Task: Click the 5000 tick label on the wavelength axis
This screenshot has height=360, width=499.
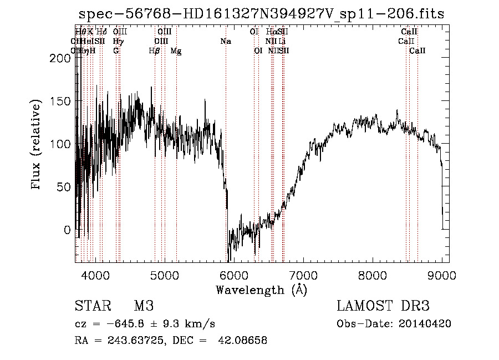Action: pos(164,275)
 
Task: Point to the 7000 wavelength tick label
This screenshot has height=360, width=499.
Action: pos(303,275)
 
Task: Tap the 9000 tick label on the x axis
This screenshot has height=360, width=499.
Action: pos(442,275)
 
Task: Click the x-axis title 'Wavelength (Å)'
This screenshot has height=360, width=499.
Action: pos(261,290)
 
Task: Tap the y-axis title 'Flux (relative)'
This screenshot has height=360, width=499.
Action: pos(37,145)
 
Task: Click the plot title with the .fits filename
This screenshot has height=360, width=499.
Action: pos(261,14)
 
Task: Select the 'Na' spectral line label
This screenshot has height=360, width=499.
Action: pos(226,42)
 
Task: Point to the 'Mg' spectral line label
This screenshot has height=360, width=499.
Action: pos(176,51)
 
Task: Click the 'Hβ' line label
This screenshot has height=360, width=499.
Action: pos(155,51)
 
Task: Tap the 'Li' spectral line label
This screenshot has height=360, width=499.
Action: pos(282,42)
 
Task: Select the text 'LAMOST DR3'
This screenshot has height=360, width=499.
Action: pos(383,306)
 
